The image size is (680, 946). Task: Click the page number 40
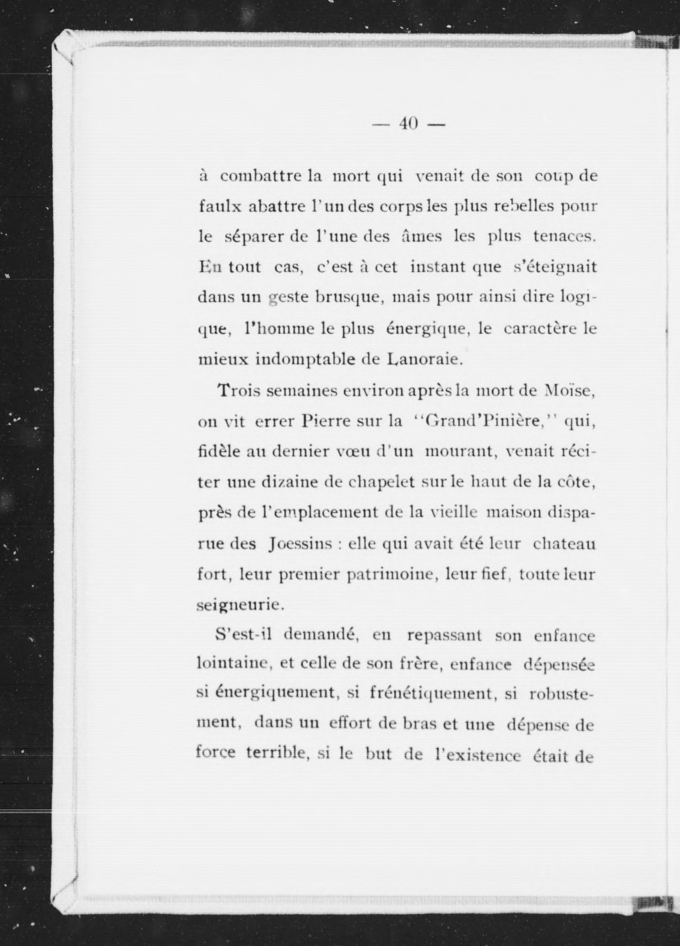click(408, 124)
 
